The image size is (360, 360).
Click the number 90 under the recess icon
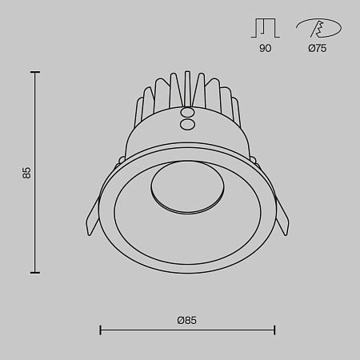pyautogui.click(x=266, y=49)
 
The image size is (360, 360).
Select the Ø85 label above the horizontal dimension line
pyautogui.click(x=186, y=319)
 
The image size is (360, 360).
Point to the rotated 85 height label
pyautogui.click(x=26, y=172)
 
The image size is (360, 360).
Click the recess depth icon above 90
pyautogui.click(x=266, y=29)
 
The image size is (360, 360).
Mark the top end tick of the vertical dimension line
pyautogui.click(x=35, y=72)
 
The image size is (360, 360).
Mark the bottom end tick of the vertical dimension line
pyautogui.click(x=35, y=273)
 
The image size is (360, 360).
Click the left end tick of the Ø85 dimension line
pyautogui.click(x=100, y=330)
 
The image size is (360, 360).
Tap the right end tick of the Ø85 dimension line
pyautogui.click(x=274, y=330)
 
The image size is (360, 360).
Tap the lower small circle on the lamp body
pyautogui.click(x=186, y=124)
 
